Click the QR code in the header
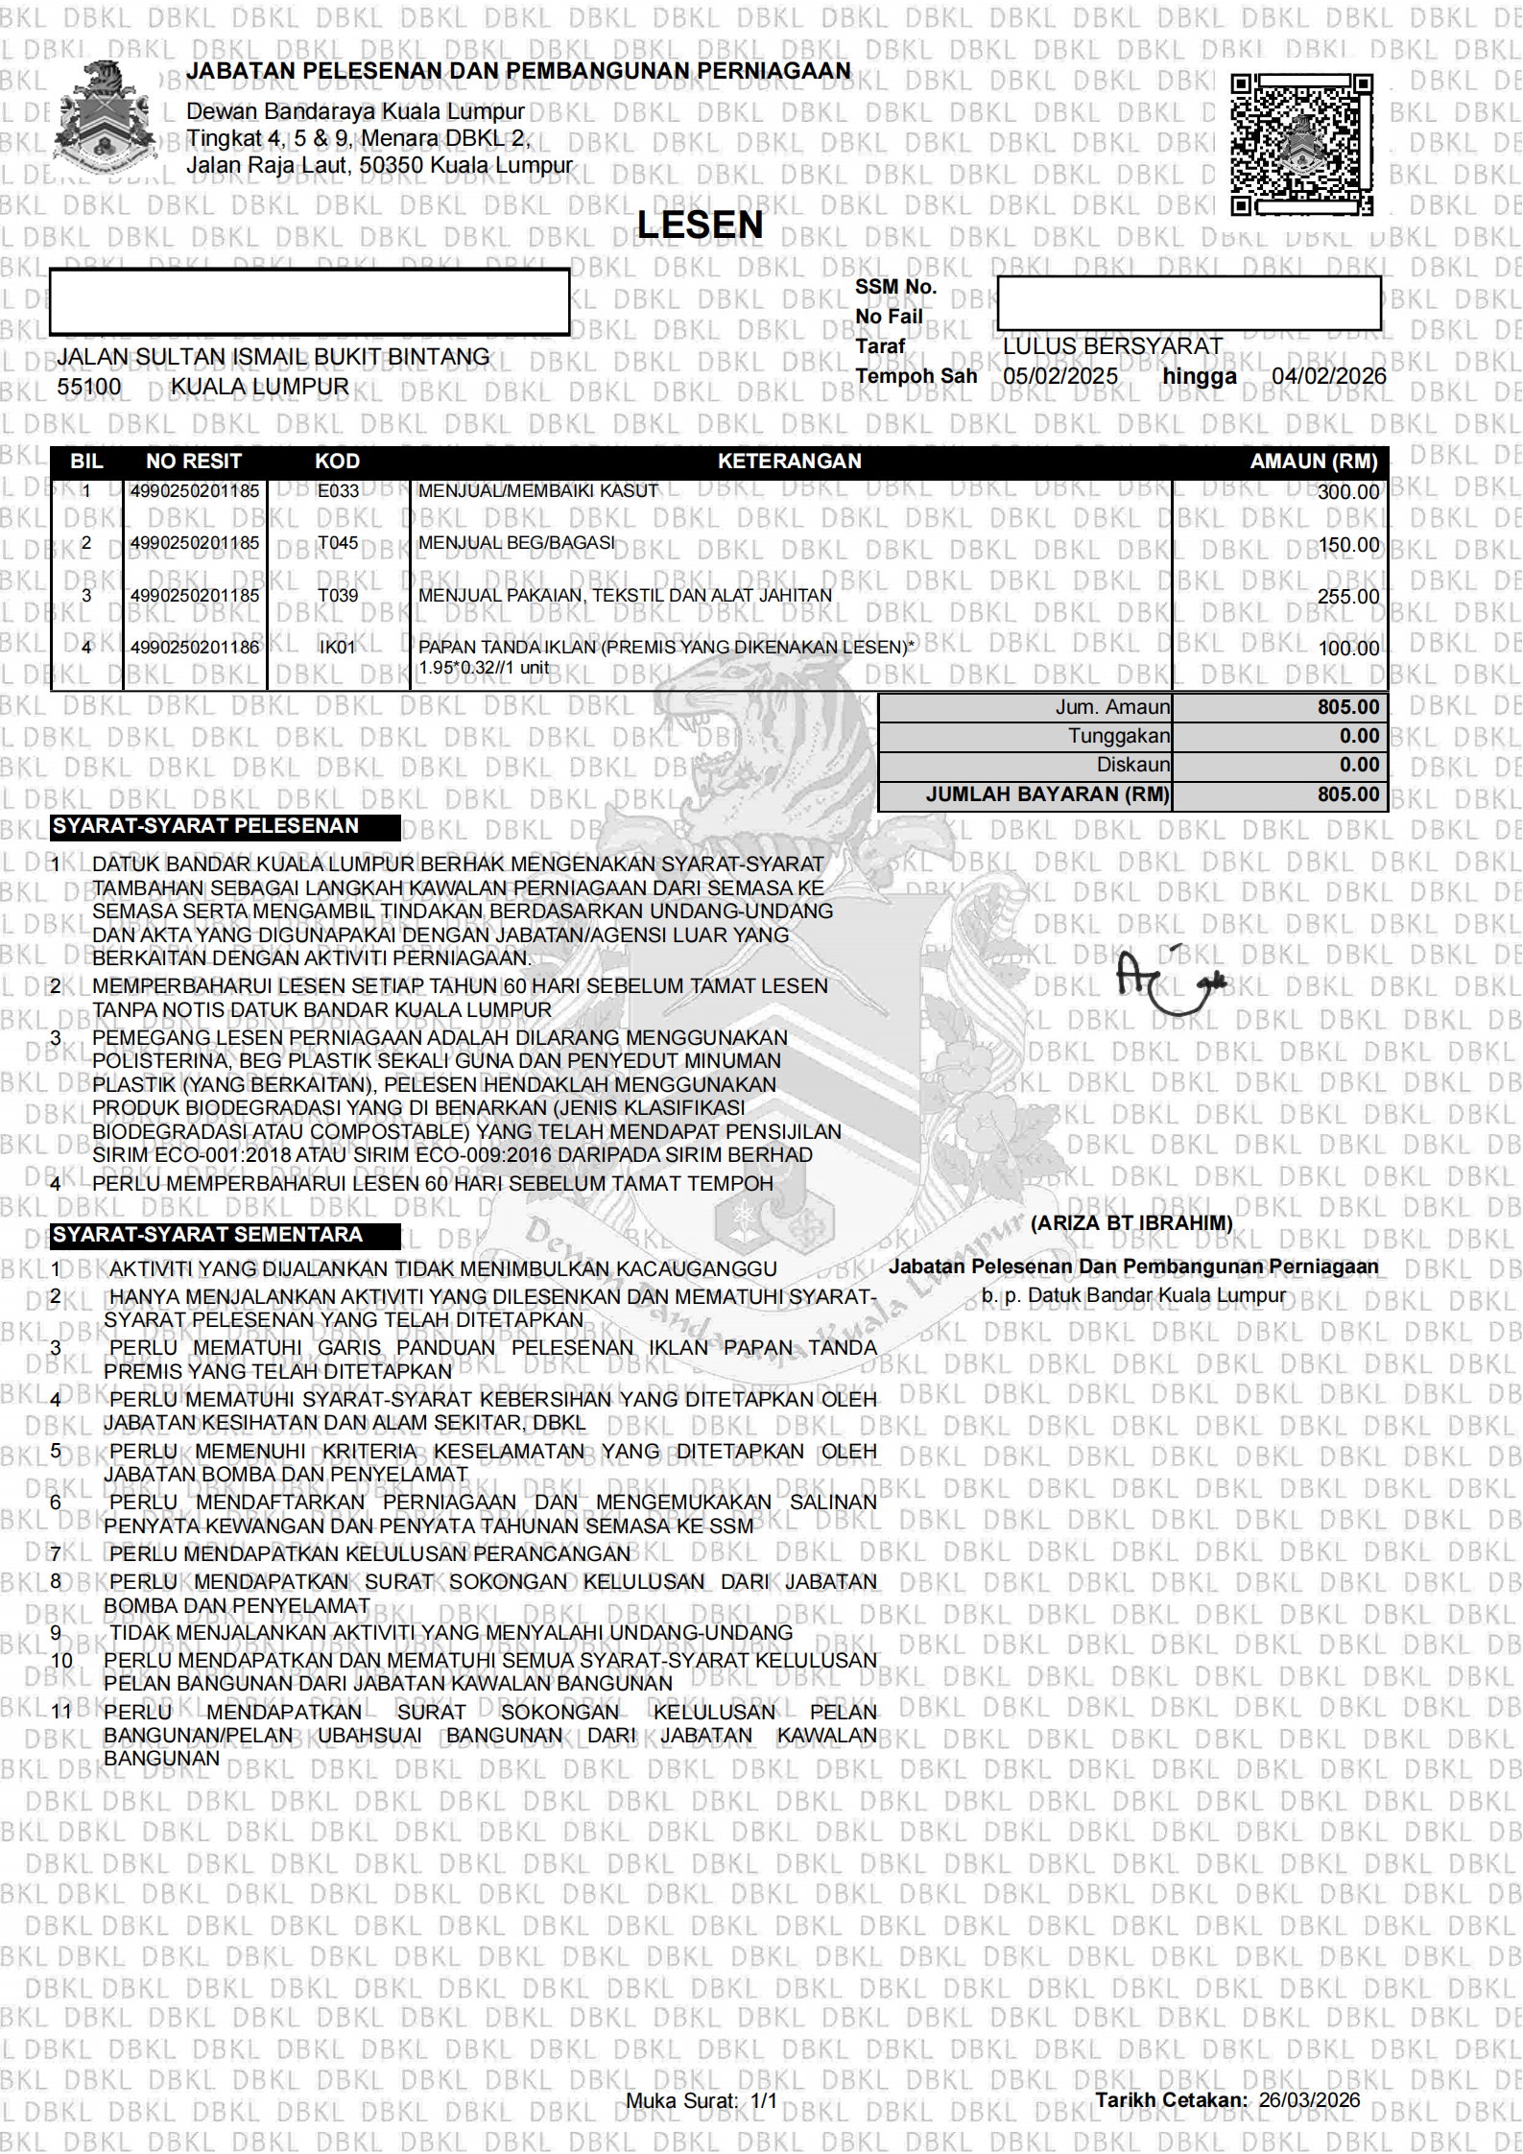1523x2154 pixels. coord(1301,145)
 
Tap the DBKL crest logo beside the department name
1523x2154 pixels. coord(103,116)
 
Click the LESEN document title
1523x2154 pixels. coord(700,225)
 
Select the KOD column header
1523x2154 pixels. coord(337,462)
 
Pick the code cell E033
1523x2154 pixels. coord(338,491)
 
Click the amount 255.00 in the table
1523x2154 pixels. coord(1347,597)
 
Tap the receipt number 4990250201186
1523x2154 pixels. coord(195,648)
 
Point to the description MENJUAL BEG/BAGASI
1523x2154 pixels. coord(516,543)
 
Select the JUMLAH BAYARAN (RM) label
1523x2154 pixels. coord(1048,794)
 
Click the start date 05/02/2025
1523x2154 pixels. coord(1059,376)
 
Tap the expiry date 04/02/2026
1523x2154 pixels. coord(1328,376)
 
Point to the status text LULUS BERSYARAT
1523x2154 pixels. coord(1112,345)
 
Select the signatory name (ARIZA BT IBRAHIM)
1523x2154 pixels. coord(1130,1223)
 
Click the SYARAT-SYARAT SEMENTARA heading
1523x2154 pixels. coord(207,1235)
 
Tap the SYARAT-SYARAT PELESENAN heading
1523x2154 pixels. coord(205,826)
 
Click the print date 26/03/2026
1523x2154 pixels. coord(1309,2099)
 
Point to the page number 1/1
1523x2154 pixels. coord(763,2100)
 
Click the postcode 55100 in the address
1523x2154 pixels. coord(89,387)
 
